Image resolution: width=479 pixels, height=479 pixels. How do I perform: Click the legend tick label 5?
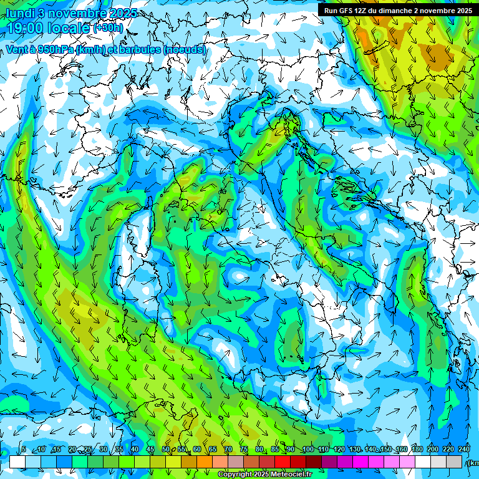point(24,449)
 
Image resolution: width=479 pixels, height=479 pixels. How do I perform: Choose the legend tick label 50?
point(165,449)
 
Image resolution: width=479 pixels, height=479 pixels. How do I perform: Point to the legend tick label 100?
point(307,449)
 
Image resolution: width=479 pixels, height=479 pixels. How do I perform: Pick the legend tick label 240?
point(464,449)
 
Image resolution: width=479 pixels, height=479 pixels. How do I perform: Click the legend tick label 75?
point(244,449)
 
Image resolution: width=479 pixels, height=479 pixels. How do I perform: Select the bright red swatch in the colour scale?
point(283,462)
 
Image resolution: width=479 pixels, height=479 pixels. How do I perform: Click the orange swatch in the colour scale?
point(189,462)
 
